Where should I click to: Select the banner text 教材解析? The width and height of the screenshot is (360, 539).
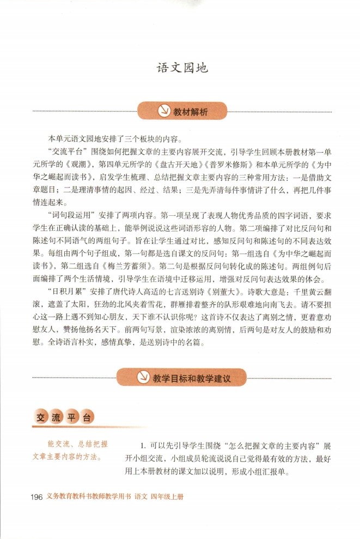click(x=191, y=112)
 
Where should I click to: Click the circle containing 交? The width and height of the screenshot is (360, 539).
click(x=39, y=418)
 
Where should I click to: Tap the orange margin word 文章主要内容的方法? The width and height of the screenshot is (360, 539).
click(x=65, y=455)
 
